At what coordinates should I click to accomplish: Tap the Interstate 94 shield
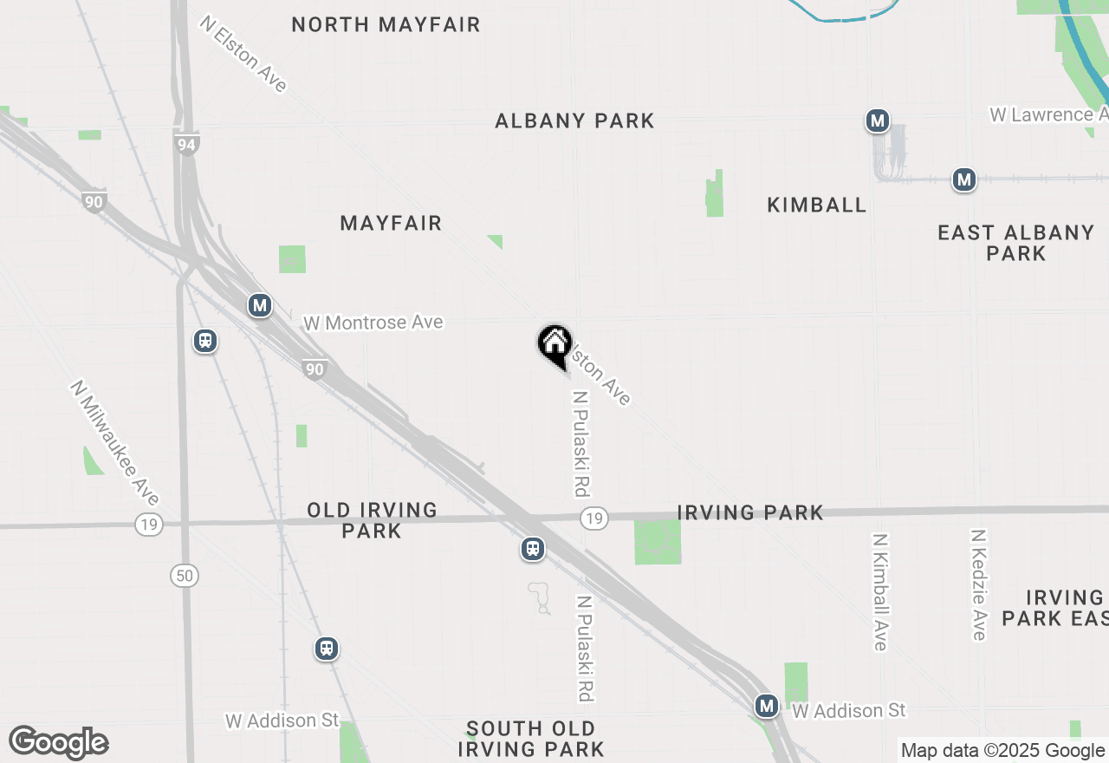click(x=186, y=144)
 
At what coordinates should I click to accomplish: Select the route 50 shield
click(x=185, y=576)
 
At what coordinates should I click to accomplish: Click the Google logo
click(x=59, y=743)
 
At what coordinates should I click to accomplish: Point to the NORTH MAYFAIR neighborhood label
click(x=386, y=24)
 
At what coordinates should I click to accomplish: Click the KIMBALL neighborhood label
click(x=816, y=205)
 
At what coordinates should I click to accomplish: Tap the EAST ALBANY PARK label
click(x=1015, y=243)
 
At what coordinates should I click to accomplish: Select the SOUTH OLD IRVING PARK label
click(x=530, y=739)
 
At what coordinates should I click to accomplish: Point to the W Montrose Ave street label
click(x=373, y=323)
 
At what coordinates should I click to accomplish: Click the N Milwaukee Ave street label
click(x=115, y=442)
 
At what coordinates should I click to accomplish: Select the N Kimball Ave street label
click(x=880, y=591)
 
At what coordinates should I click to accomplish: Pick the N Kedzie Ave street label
click(x=979, y=585)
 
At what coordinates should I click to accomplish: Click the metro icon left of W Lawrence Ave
click(x=878, y=121)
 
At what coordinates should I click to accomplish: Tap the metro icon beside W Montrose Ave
click(x=259, y=305)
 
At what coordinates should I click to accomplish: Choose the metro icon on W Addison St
click(x=766, y=706)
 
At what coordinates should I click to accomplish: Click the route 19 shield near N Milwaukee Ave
click(x=149, y=524)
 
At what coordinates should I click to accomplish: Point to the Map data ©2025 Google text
click(x=1002, y=751)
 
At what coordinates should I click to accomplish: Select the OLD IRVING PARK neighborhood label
click(x=372, y=520)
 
